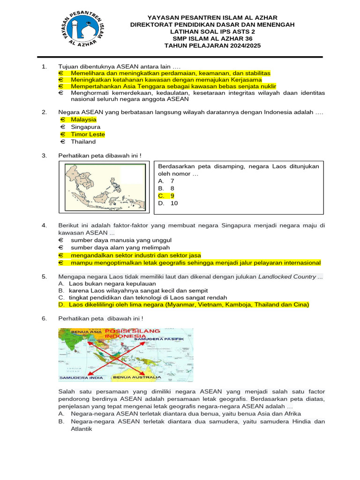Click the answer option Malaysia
point(83,120)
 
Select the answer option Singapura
point(85,127)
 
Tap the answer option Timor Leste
point(88,135)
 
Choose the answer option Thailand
point(83,142)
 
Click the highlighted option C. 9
point(166,196)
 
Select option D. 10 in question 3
point(168,203)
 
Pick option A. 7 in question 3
point(166,181)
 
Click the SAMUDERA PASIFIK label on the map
point(168,338)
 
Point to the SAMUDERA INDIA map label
point(81,377)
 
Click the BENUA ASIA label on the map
point(83,332)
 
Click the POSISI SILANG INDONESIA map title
point(132,333)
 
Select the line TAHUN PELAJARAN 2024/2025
point(212,45)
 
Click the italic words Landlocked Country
point(287,277)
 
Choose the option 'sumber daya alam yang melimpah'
point(120,247)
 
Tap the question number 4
point(44,225)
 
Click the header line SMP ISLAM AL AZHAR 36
point(212,38)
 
